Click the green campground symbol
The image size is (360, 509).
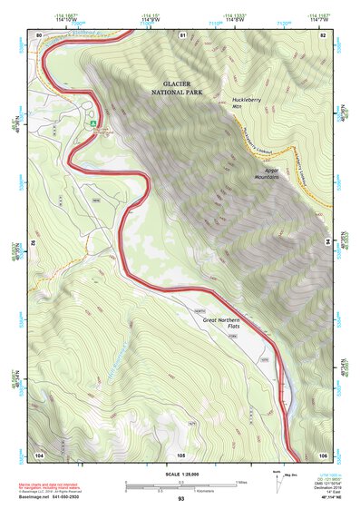[x=92, y=122]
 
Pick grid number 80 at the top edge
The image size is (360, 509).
[x=39, y=34]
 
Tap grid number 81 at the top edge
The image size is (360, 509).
[x=182, y=34]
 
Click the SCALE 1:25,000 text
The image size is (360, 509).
[x=180, y=473]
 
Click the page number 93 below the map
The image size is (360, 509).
[x=180, y=500]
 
